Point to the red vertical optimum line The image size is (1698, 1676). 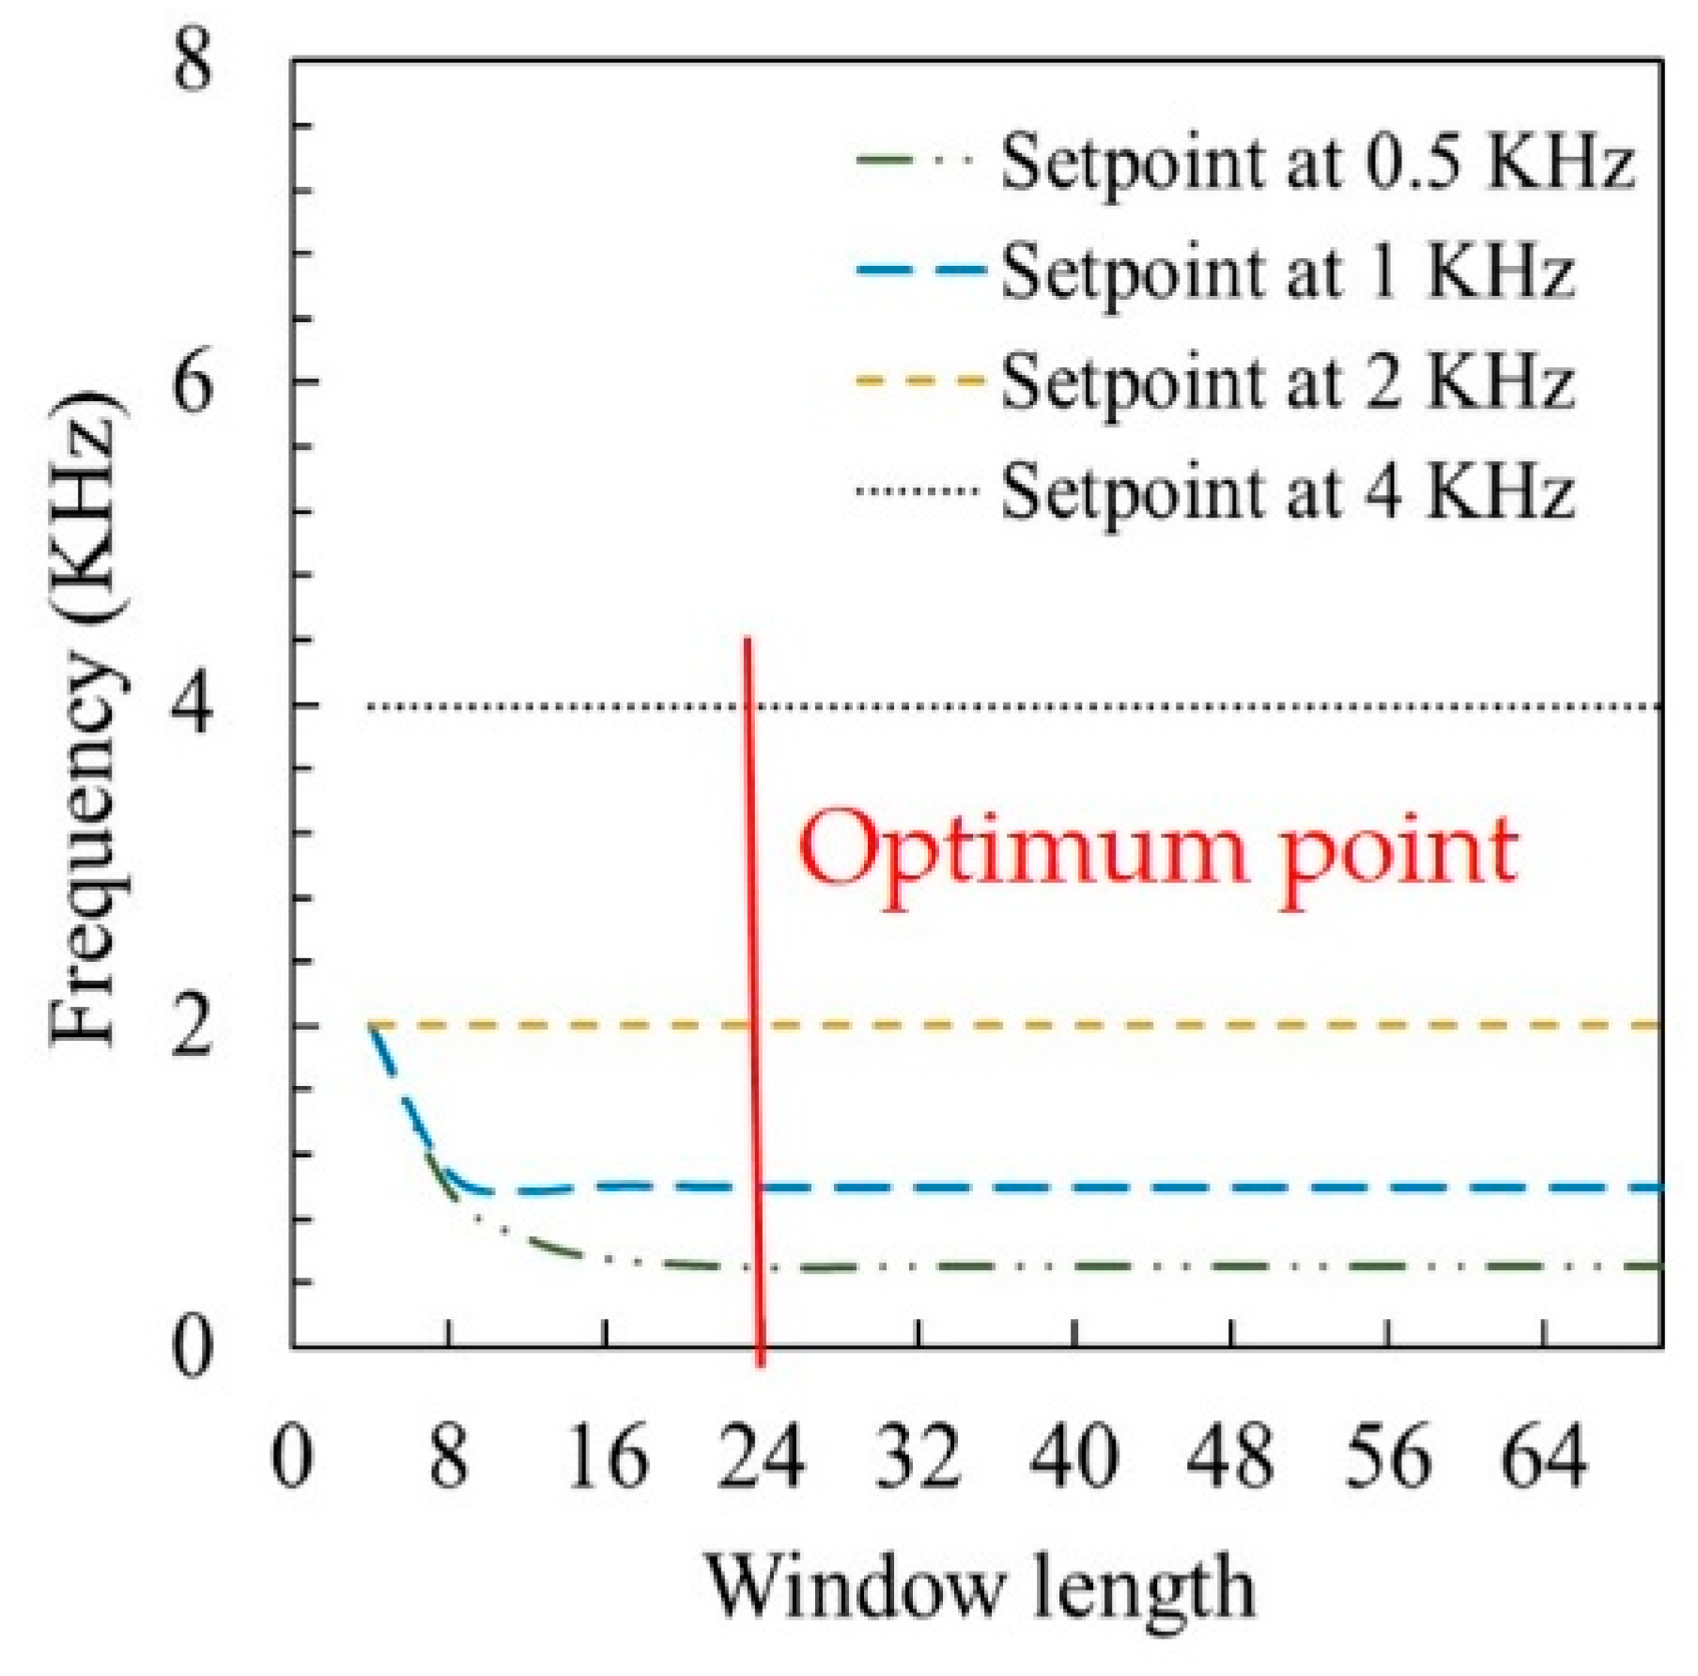pos(752,939)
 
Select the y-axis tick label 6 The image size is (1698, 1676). pos(193,381)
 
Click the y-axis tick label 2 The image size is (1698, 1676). pos(193,1026)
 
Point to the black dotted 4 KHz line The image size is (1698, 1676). pos(1127,706)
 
